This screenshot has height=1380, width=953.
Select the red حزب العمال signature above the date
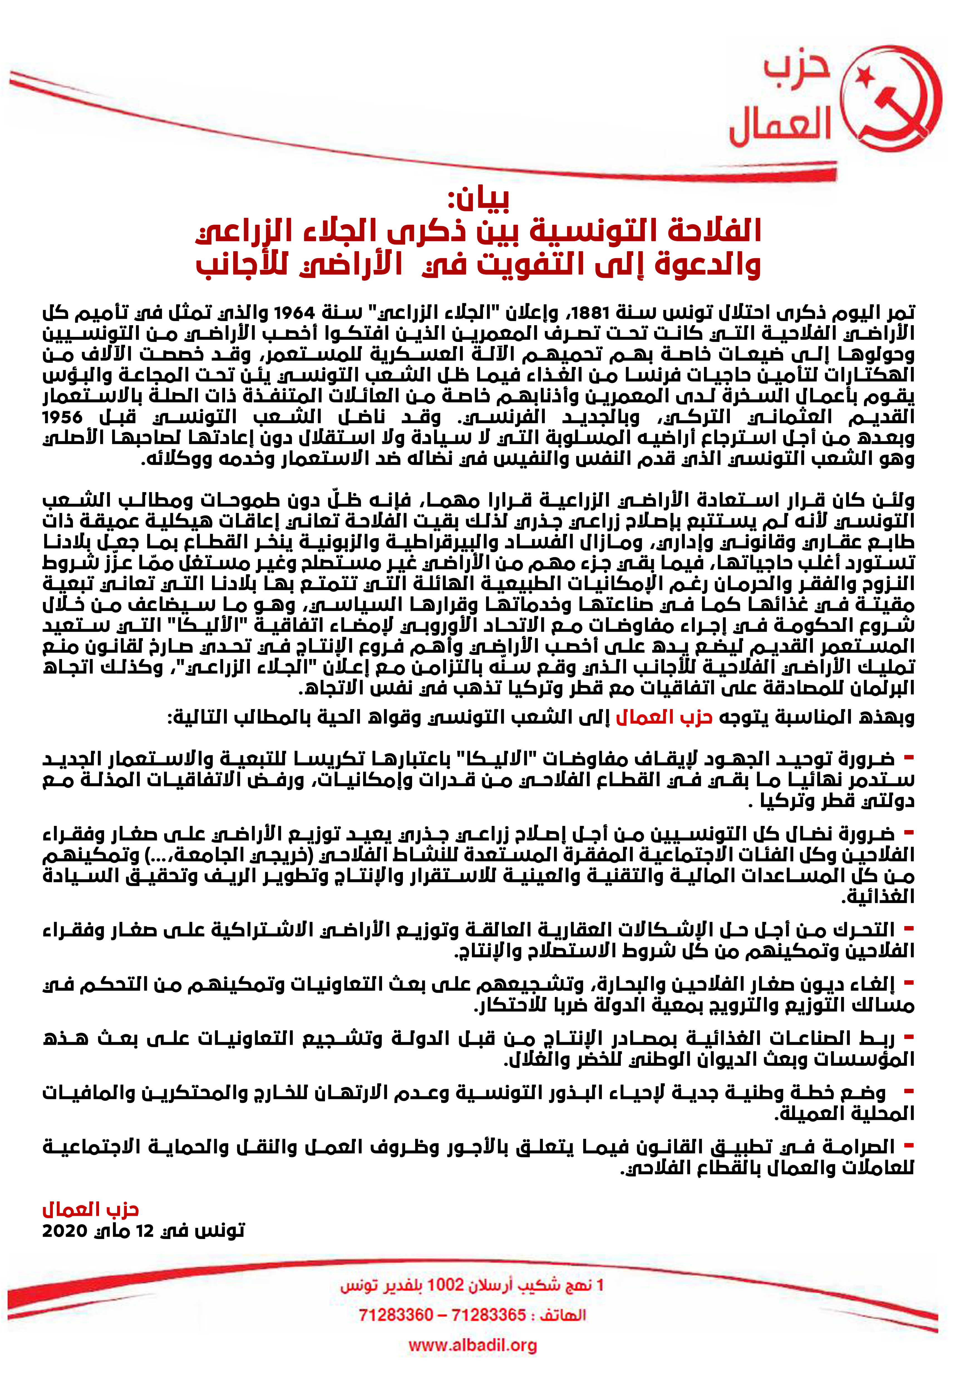91,1210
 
